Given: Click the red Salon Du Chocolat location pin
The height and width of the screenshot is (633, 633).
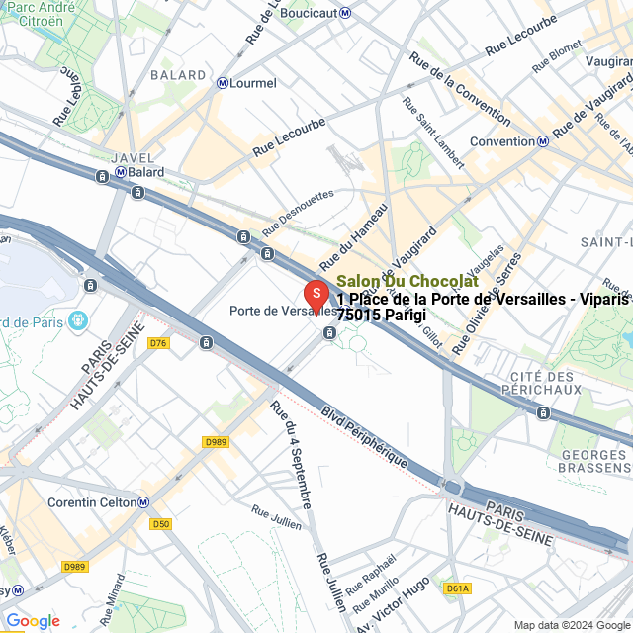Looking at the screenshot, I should click(315, 295).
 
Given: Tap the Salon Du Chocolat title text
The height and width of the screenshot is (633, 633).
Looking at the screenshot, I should click(407, 282).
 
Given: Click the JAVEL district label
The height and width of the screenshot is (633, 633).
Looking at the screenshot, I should click(135, 156).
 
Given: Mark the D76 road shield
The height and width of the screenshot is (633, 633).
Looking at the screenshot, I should click(158, 343).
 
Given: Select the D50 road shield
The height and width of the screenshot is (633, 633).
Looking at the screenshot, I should click(161, 523).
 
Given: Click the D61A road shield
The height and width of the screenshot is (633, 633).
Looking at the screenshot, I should click(457, 588).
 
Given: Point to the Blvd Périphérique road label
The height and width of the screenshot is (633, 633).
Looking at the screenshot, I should click(365, 436).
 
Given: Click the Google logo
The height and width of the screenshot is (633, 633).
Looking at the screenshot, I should click(33, 621).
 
